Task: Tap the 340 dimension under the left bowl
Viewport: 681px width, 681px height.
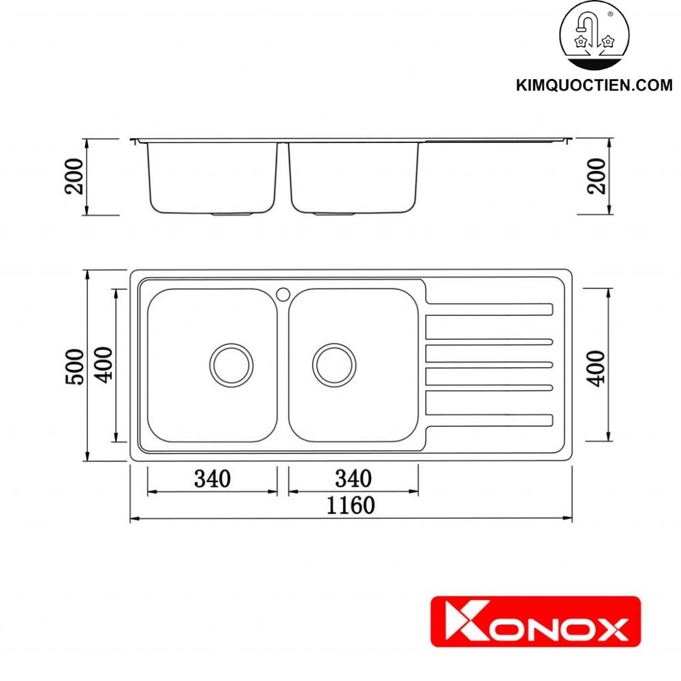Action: pyautogui.click(x=212, y=479)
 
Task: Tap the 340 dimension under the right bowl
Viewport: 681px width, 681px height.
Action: pyautogui.click(x=353, y=479)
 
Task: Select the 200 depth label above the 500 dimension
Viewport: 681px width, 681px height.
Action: pyautogui.click(x=76, y=175)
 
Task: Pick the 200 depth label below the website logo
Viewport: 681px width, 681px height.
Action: pyautogui.click(x=597, y=175)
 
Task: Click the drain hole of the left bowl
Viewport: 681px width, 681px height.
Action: pyautogui.click(x=232, y=364)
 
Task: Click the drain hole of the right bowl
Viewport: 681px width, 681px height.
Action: pyautogui.click(x=334, y=364)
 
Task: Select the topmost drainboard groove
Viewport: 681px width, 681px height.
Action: pyautogui.click(x=489, y=310)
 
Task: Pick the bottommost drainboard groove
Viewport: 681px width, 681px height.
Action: pyautogui.click(x=489, y=420)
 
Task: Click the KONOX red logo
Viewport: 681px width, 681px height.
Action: pyautogui.click(x=535, y=621)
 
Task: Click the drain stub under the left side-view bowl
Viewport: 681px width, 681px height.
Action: pyautogui.click(x=232, y=214)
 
